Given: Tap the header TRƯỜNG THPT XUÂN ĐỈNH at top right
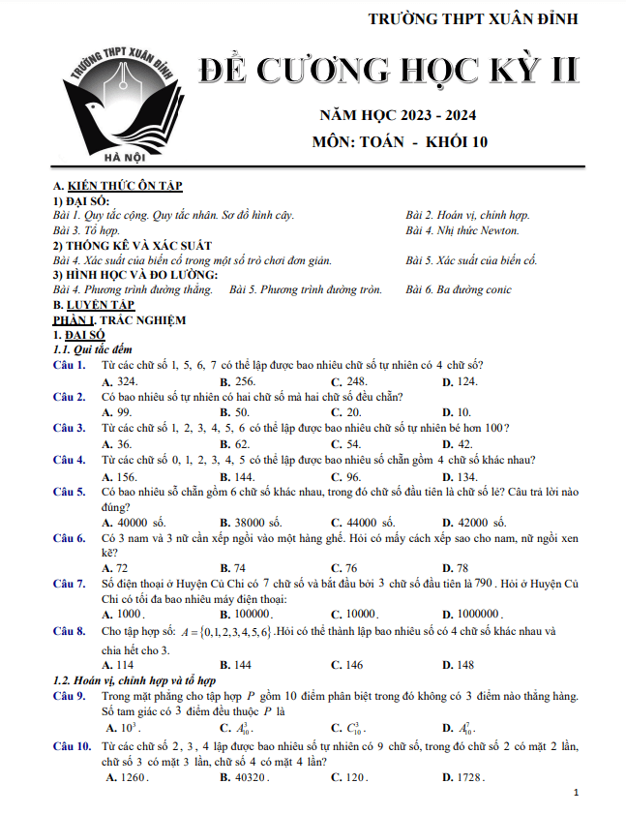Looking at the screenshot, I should pos(491,18).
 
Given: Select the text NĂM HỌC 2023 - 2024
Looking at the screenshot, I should pos(398,116).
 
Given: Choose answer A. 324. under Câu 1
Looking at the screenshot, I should pos(120,381).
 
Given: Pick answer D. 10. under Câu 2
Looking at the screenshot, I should pos(457,411).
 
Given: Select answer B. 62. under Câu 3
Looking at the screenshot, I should pos(235,442).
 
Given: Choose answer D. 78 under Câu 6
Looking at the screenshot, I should pos(455,567).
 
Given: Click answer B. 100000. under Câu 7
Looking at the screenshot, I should pos(248,614).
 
